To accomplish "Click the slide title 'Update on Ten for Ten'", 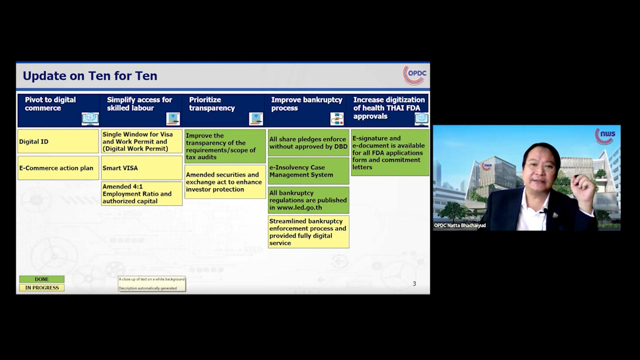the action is point(90,76).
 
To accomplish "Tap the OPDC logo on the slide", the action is point(415,75).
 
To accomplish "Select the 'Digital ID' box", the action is point(58,141).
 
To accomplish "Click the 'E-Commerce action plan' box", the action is point(58,168).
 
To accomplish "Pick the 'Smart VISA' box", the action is point(142,168).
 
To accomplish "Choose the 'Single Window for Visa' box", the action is point(142,141).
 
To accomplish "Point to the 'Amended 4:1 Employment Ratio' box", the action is point(142,194).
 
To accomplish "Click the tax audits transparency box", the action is point(225,146).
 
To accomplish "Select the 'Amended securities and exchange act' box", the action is point(225,182).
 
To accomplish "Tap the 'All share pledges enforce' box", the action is point(308,143).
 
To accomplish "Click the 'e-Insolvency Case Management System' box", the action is point(308,171).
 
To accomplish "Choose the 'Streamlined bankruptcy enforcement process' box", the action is point(308,232).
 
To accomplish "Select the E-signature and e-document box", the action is point(390,153).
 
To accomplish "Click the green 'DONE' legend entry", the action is point(42,279).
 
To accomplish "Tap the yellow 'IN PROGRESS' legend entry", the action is point(42,288).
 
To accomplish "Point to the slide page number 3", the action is point(414,284).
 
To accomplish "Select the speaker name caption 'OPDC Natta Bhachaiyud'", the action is point(460,226).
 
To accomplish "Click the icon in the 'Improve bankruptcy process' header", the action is point(337,119).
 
